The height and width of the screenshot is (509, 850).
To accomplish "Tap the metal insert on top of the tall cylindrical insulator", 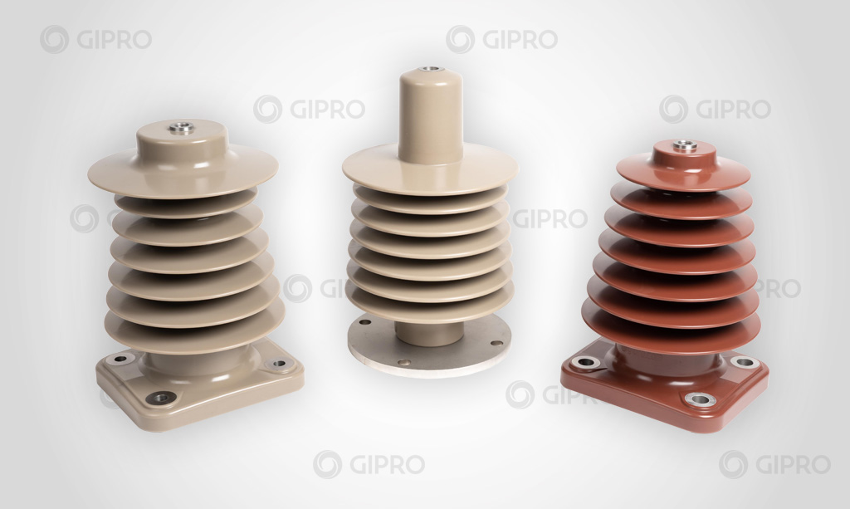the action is coord(431,70).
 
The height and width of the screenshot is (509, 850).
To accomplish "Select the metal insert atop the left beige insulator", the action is coord(181,128).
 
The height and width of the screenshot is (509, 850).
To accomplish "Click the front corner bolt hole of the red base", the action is coord(701,400).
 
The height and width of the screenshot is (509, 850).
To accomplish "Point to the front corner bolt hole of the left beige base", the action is coord(161,398).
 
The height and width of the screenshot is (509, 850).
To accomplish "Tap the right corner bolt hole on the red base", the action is coord(745,361).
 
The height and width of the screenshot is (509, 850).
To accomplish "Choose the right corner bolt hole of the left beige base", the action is coord(279,363).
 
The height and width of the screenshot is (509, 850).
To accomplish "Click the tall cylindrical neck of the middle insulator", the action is coord(431,116).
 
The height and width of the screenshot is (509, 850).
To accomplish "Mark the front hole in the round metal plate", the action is coord(404,363).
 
